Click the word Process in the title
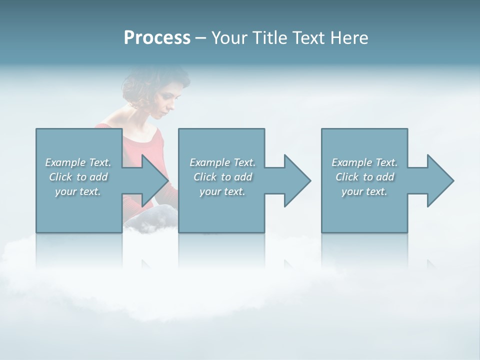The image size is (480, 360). click(x=157, y=38)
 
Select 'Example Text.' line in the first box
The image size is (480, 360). click(x=78, y=162)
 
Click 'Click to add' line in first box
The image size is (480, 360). click(x=78, y=177)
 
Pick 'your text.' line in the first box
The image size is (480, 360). click(x=78, y=191)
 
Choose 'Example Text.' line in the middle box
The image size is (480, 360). click(x=222, y=162)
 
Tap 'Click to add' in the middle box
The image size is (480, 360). click(x=222, y=177)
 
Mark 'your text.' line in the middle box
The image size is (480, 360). click(x=222, y=191)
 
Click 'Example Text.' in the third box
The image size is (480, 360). click(x=364, y=162)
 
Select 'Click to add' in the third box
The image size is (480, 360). click(x=364, y=177)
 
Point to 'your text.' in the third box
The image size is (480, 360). click(x=364, y=191)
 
